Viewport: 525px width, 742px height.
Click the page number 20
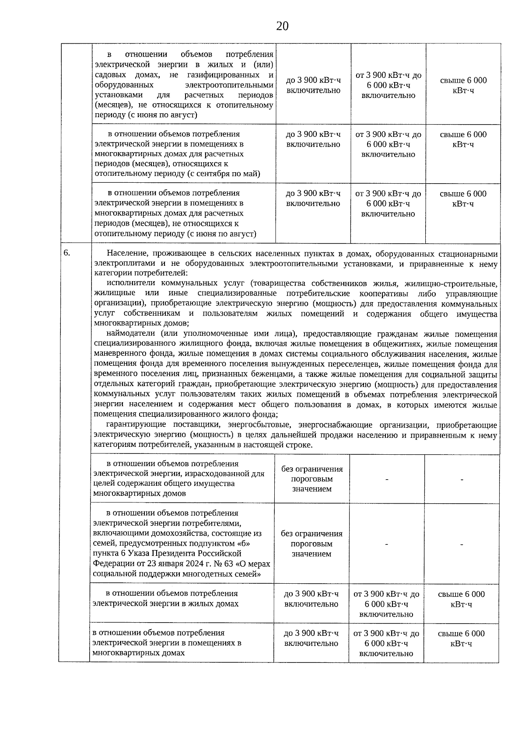282,26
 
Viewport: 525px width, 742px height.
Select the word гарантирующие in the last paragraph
136,425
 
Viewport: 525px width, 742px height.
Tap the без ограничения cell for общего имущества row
312,479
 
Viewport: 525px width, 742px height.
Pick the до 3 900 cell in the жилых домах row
311,599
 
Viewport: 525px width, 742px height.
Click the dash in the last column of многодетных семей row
462,544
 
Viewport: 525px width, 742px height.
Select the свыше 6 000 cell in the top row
463,85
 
